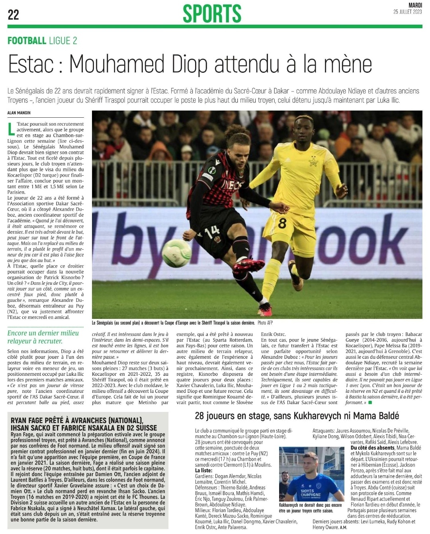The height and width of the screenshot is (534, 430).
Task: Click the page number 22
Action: [x=13, y=15]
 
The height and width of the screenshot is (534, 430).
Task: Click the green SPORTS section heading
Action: [x=212, y=14]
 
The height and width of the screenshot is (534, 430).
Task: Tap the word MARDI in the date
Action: [x=415, y=5]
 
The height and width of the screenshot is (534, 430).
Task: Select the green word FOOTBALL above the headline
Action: [x=27, y=40]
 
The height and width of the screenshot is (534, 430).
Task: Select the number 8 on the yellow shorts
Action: [x=282, y=223]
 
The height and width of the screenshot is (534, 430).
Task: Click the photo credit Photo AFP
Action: [x=265, y=323]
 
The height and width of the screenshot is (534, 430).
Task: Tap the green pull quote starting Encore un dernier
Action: [x=43, y=337]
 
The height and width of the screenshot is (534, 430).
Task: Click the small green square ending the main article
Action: [x=370, y=403]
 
